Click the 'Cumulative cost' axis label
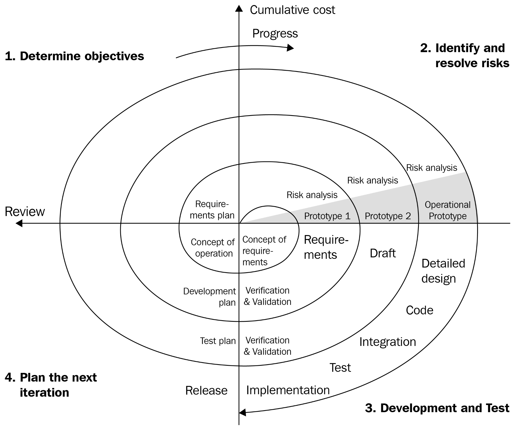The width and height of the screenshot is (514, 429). [x=292, y=10]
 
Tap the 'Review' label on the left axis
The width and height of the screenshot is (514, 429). [x=25, y=212]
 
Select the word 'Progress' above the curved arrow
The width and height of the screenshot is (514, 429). [x=275, y=33]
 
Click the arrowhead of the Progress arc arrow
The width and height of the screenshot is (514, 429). [x=290, y=48]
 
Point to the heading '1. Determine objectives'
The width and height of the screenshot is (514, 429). [x=74, y=56]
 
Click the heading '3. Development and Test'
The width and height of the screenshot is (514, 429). [x=437, y=408]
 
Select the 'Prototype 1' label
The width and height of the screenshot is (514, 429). [x=327, y=216]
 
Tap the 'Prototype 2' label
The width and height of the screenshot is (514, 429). [x=388, y=216]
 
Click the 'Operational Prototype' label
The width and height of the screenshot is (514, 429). [x=448, y=210]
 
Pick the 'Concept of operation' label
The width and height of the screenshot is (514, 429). [x=213, y=248]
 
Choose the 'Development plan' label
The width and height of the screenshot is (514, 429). [x=210, y=297]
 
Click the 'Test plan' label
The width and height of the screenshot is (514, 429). [x=218, y=341]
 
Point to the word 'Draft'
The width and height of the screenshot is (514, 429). [x=383, y=253]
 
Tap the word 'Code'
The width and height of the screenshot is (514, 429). [x=419, y=310]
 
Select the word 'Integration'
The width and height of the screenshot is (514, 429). [x=387, y=342]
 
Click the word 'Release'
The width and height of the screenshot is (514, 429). [x=206, y=391]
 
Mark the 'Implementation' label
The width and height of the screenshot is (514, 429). [x=288, y=390]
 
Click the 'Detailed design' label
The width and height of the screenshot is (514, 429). [x=443, y=271]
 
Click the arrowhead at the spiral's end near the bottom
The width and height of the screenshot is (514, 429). [x=243, y=412]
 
